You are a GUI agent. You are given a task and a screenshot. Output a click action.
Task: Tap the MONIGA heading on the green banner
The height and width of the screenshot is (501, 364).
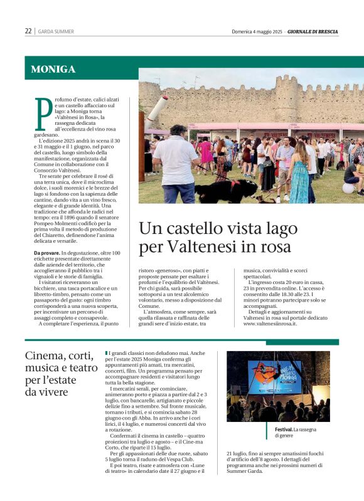click(x=53, y=70)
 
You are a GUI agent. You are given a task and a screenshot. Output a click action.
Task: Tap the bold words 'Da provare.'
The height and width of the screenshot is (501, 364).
click(x=46, y=252)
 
